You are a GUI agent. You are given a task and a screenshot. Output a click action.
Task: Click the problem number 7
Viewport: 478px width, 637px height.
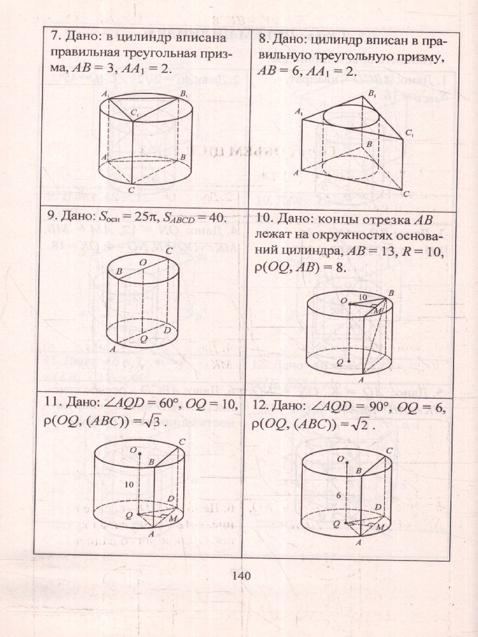(54, 38)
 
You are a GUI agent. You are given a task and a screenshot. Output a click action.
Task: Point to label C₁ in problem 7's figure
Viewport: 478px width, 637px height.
(135, 115)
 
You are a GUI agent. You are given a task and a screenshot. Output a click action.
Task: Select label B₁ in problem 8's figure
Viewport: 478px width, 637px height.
(371, 94)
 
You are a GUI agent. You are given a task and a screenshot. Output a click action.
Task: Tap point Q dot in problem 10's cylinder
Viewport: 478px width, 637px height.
(349, 361)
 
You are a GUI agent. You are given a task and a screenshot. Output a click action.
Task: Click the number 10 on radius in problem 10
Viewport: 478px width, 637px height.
(363, 297)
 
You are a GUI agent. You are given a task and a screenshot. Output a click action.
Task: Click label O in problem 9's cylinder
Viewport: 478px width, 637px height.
(143, 262)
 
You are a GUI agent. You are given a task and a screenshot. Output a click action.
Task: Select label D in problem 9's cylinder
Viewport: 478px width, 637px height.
(167, 330)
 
